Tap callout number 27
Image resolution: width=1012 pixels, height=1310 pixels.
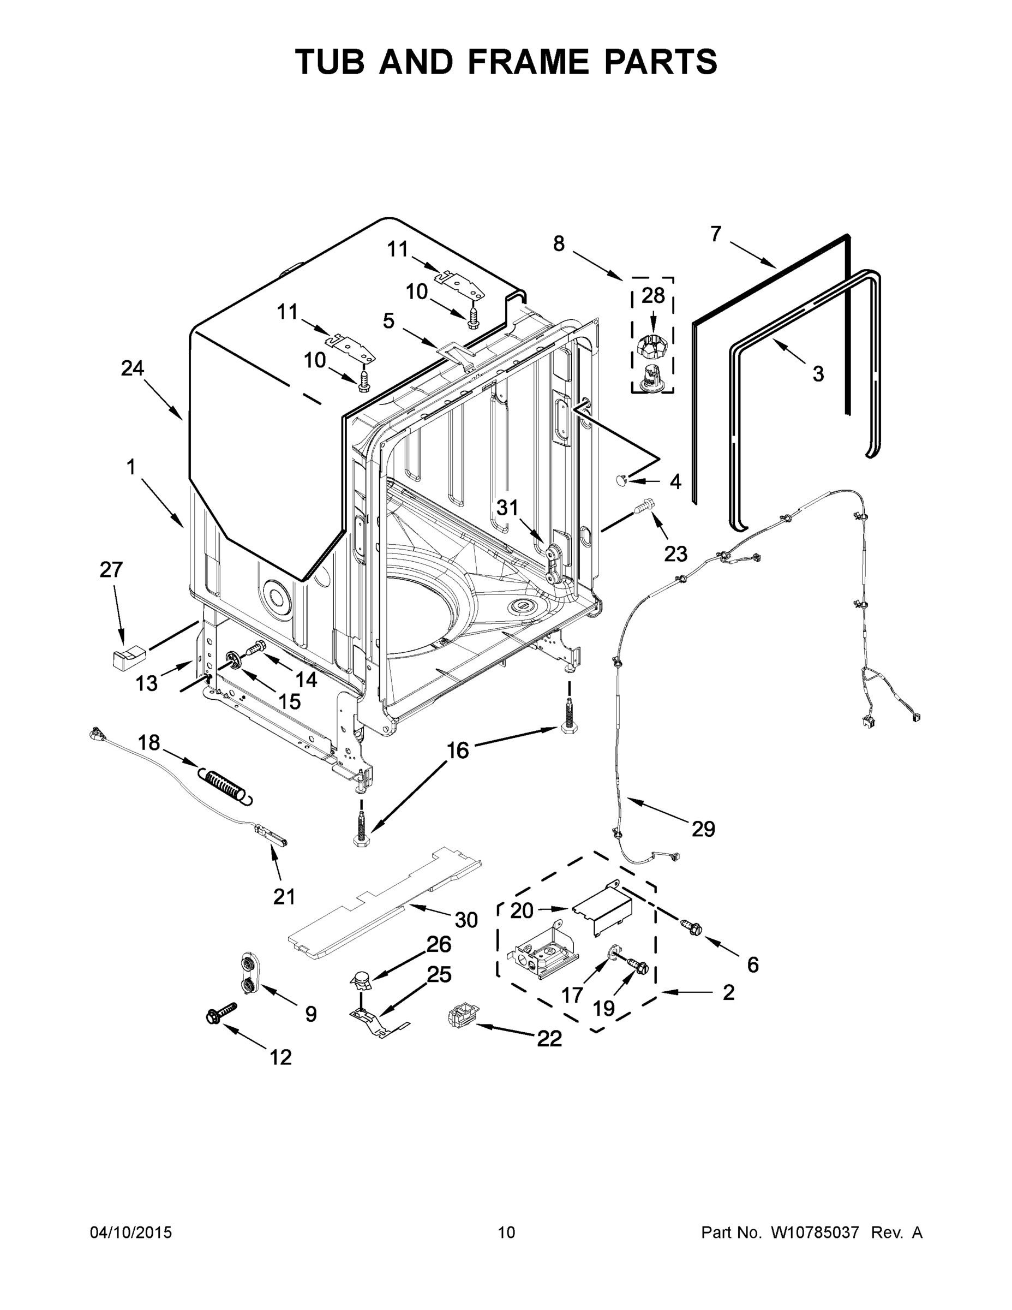(x=111, y=569)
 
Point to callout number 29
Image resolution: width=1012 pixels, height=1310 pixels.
(x=703, y=830)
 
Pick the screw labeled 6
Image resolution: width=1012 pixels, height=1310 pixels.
(x=693, y=928)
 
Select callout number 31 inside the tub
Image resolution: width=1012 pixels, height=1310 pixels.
(x=507, y=508)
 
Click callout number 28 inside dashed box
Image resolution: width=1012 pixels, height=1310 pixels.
(x=653, y=295)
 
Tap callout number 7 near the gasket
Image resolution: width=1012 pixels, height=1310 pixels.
(x=715, y=234)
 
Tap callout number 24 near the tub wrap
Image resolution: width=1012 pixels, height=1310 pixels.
(x=133, y=368)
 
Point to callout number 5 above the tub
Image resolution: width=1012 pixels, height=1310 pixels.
(x=388, y=321)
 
